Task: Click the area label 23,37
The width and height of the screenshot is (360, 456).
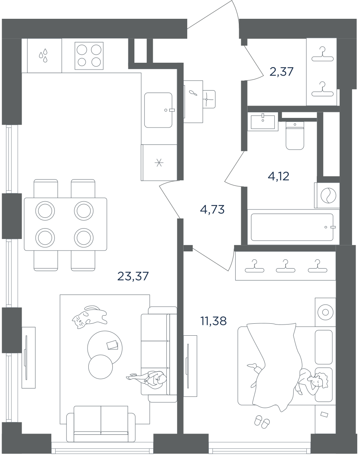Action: point(133,276)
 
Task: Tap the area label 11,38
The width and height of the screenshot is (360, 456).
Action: point(214,321)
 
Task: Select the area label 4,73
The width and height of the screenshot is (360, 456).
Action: point(212,209)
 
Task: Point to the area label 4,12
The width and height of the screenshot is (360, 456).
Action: point(278,176)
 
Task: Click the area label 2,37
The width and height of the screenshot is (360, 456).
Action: point(282,71)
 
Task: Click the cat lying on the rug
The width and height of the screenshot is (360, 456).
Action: point(89,317)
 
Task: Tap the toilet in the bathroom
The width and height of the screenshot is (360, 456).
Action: point(295,135)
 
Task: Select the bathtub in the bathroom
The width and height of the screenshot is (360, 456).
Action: point(292,227)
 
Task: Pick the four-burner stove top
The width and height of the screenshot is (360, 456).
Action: point(89,56)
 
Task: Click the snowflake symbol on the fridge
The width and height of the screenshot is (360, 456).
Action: point(159,163)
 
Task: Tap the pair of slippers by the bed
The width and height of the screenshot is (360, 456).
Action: point(262,421)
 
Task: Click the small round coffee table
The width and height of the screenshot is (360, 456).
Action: point(100,366)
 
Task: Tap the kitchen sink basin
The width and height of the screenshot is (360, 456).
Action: point(159,110)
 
